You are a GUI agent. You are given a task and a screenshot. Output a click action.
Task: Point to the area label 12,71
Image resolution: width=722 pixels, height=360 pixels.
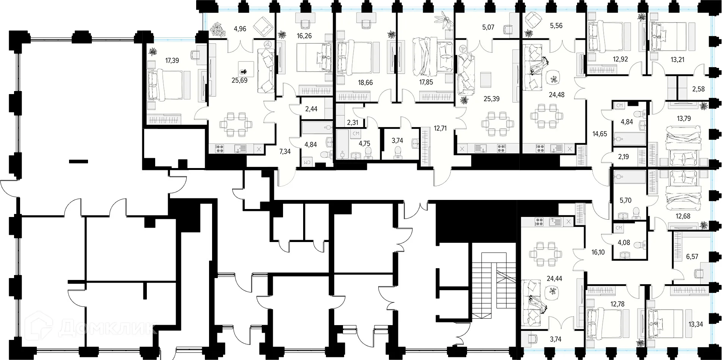tap(440, 128)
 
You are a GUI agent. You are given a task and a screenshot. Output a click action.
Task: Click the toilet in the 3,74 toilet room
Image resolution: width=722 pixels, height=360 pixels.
tap(398, 151)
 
